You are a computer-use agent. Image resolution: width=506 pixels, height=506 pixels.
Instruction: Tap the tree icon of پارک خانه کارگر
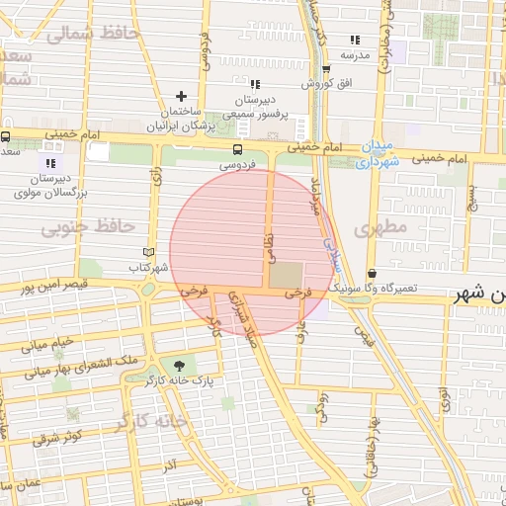[x=178, y=365]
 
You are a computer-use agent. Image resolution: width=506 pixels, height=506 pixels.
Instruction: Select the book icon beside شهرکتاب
[x=149, y=253]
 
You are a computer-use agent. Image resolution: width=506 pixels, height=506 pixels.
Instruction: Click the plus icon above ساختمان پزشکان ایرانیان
[x=181, y=96]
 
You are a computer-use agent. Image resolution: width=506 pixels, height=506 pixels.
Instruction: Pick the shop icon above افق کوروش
[x=326, y=68]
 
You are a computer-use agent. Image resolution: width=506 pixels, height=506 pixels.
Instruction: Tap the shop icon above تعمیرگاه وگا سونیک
[x=372, y=274]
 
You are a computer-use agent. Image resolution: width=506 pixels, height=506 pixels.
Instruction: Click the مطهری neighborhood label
[x=384, y=227]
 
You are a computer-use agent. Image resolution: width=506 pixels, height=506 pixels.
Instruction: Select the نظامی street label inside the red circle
[x=267, y=247]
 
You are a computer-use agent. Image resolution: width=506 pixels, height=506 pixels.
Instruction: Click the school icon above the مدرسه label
[x=355, y=41]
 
